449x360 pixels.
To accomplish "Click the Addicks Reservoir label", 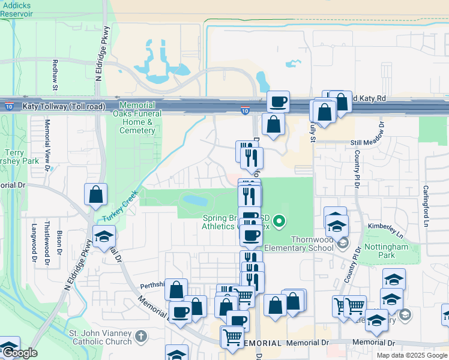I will click(x=17, y=9).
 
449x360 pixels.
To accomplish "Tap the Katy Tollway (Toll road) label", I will click(x=64, y=107).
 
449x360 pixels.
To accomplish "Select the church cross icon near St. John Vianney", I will click(x=141, y=335).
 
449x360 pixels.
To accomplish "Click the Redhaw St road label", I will click(x=55, y=74).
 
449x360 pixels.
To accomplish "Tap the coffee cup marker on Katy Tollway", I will click(x=277, y=101).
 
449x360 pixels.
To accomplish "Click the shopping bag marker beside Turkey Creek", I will click(x=95, y=195).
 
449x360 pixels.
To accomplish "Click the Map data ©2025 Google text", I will click(x=412, y=355).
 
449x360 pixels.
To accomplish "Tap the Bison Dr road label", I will click(x=59, y=241).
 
